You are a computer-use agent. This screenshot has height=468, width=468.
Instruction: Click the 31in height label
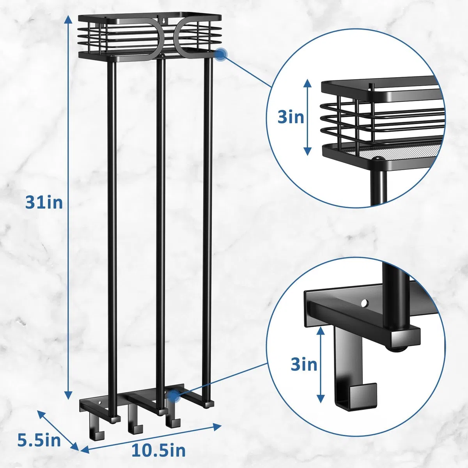(44, 203)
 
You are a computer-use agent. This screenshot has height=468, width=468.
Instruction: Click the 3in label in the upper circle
(291, 117)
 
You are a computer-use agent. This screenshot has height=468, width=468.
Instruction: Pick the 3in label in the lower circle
(304, 365)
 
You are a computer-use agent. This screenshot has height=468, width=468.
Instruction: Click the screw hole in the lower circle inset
(364, 303)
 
